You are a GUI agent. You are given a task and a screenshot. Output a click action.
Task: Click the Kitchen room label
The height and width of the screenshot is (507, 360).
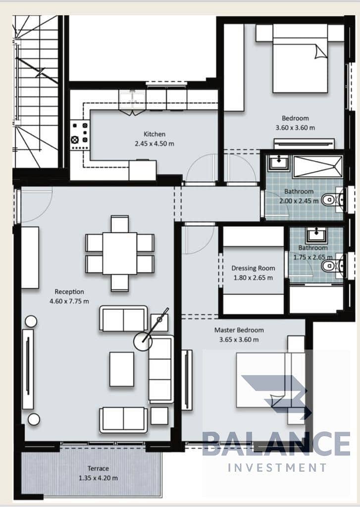pyautogui.click(x=154, y=134)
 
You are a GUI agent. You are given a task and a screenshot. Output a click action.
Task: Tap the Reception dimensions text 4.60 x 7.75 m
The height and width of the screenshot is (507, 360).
pyautogui.click(x=69, y=302)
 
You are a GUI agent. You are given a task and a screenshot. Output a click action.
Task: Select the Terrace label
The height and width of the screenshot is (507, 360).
pyautogui.click(x=98, y=468)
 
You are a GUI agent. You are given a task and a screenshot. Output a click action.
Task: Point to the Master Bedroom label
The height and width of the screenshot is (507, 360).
pyautogui.click(x=239, y=330)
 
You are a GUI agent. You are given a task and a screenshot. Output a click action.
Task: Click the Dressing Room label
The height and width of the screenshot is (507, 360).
pyautogui.click(x=253, y=268)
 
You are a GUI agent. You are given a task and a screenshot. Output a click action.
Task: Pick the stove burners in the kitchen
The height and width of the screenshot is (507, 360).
pyautogui.click(x=80, y=135)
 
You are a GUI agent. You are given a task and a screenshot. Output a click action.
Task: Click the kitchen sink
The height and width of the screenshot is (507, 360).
pyautogui.click(x=133, y=99)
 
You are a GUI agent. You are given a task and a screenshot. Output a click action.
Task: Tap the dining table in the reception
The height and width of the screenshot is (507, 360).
pyautogui.click(x=120, y=253)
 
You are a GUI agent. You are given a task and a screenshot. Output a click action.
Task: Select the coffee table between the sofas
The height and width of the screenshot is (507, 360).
pyautogui.click(x=122, y=369)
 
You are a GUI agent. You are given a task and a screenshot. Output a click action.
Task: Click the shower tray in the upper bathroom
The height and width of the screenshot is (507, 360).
pyautogui.click(x=317, y=167)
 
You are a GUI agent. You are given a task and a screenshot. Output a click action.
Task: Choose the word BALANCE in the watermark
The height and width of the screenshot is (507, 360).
pyautogui.click(x=276, y=444)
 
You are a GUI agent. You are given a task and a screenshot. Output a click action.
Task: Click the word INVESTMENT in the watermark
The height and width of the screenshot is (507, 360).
pyautogui.click(x=277, y=467)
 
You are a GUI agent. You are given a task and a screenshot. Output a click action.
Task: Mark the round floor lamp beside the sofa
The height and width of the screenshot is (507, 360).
pyautogui.click(x=143, y=342)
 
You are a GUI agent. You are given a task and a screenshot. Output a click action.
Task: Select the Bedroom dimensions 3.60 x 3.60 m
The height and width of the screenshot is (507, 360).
pyautogui.click(x=295, y=128)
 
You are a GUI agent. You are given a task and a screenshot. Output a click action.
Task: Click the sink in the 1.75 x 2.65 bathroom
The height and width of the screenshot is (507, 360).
pyautogui.click(x=316, y=234)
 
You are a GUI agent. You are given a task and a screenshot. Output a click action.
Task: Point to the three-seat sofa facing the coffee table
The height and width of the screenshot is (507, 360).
pyautogui.click(x=161, y=369)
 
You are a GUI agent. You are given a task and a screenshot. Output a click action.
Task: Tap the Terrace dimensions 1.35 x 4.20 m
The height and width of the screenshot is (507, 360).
pyautogui.click(x=99, y=478)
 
